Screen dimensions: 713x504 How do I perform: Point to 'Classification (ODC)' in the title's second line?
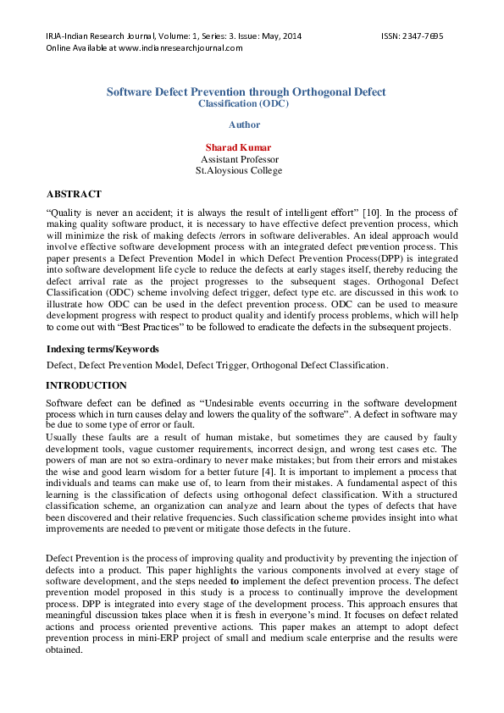tap(244, 103)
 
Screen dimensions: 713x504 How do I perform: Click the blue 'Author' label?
tap(244, 124)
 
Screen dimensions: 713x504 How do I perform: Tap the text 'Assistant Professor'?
tap(239, 159)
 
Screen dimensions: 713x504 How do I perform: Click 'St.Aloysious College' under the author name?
tap(239, 170)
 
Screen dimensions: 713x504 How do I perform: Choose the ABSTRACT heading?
tap(74, 194)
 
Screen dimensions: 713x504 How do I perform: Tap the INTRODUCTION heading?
tap(86, 385)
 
